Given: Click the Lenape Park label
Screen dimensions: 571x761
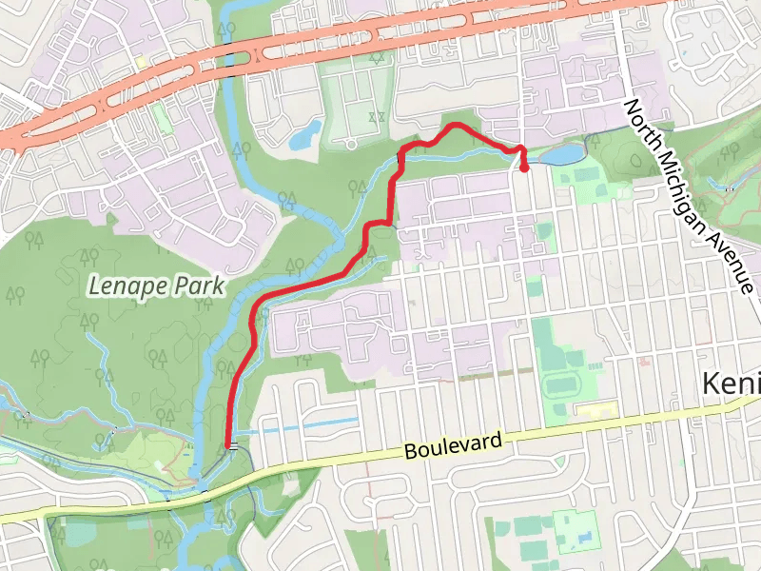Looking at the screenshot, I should tap(156, 284).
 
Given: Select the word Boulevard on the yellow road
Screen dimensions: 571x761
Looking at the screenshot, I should tap(451, 443).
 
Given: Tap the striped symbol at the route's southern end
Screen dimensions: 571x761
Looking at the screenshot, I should tap(230, 444).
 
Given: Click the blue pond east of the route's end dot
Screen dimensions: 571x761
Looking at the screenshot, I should tap(561, 154).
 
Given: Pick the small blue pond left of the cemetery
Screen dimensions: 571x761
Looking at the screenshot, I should tap(306, 135).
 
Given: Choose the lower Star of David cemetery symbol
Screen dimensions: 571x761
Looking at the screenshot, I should tap(376, 116).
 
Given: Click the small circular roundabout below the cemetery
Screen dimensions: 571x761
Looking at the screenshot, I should tap(350, 145).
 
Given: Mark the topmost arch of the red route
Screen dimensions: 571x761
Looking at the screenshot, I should tap(454, 126).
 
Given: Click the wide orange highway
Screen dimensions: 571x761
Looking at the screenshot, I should tap(380, 43).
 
